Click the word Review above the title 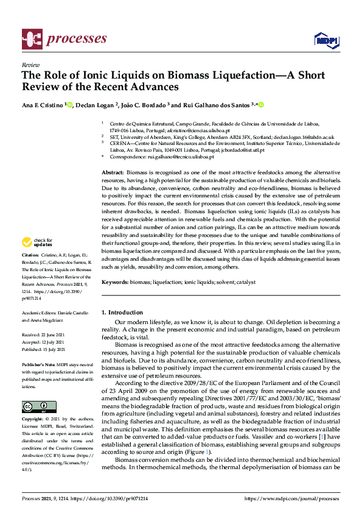[x=30, y=64]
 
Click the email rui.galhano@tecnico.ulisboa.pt [x=180, y=156]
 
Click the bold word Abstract [x=113, y=173]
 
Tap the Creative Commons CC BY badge [x=39, y=406]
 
